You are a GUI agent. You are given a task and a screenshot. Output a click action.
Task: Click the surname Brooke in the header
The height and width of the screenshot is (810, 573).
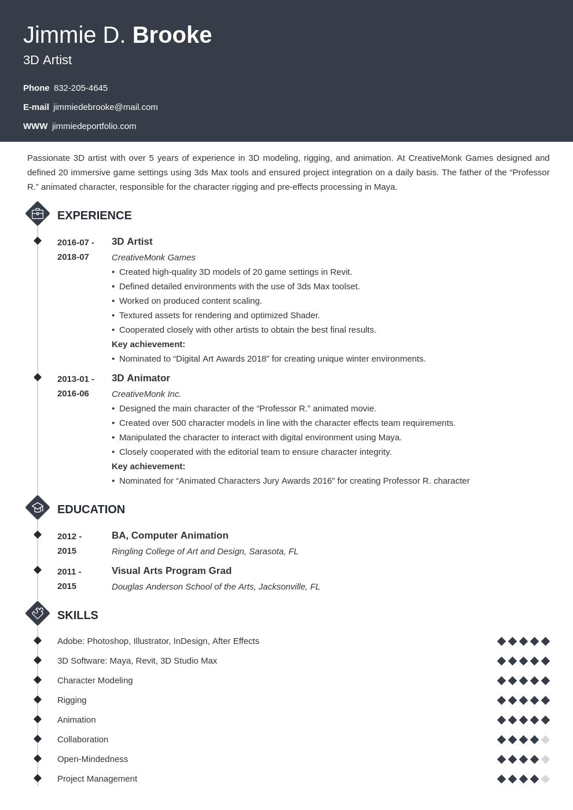click(172, 35)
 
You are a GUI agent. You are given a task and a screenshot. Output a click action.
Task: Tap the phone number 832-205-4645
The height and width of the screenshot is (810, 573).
click(80, 88)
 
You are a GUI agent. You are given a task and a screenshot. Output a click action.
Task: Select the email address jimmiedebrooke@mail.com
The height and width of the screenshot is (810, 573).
click(105, 107)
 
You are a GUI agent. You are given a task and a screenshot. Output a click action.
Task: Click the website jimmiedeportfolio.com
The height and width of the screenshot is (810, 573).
click(94, 126)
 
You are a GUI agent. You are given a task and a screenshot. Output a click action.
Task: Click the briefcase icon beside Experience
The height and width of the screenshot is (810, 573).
click(38, 213)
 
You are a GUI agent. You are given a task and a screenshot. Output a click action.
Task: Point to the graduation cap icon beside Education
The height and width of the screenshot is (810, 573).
click(38, 507)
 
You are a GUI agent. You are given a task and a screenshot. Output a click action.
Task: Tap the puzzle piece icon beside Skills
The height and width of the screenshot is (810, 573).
click(38, 613)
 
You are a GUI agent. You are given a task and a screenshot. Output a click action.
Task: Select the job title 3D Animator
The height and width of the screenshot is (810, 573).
click(141, 378)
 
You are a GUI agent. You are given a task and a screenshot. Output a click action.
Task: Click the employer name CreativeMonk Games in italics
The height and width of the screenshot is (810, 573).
click(153, 257)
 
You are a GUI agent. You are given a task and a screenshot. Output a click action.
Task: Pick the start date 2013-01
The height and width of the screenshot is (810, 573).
click(73, 379)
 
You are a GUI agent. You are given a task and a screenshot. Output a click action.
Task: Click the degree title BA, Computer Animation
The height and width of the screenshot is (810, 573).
click(170, 536)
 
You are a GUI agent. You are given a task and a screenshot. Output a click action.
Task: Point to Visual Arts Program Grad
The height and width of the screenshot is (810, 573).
click(171, 571)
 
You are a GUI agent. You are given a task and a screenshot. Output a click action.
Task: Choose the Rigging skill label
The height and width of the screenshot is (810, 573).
click(72, 700)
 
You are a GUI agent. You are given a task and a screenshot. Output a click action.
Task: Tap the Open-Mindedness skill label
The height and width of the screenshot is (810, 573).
click(93, 759)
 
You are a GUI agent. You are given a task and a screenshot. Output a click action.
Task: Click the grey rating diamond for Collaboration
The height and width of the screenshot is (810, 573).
click(545, 739)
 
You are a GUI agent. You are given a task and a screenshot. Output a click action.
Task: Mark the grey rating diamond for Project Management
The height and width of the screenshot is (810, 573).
click(545, 779)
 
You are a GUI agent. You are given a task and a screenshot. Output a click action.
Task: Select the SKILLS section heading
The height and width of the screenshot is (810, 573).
click(78, 615)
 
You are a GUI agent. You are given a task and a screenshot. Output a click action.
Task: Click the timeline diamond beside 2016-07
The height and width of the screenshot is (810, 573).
click(38, 241)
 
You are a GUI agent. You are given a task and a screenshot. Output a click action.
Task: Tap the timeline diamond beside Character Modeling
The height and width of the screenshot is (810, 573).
click(38, 680)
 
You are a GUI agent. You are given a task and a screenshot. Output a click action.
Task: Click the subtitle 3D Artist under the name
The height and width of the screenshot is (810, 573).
click(47, 60)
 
